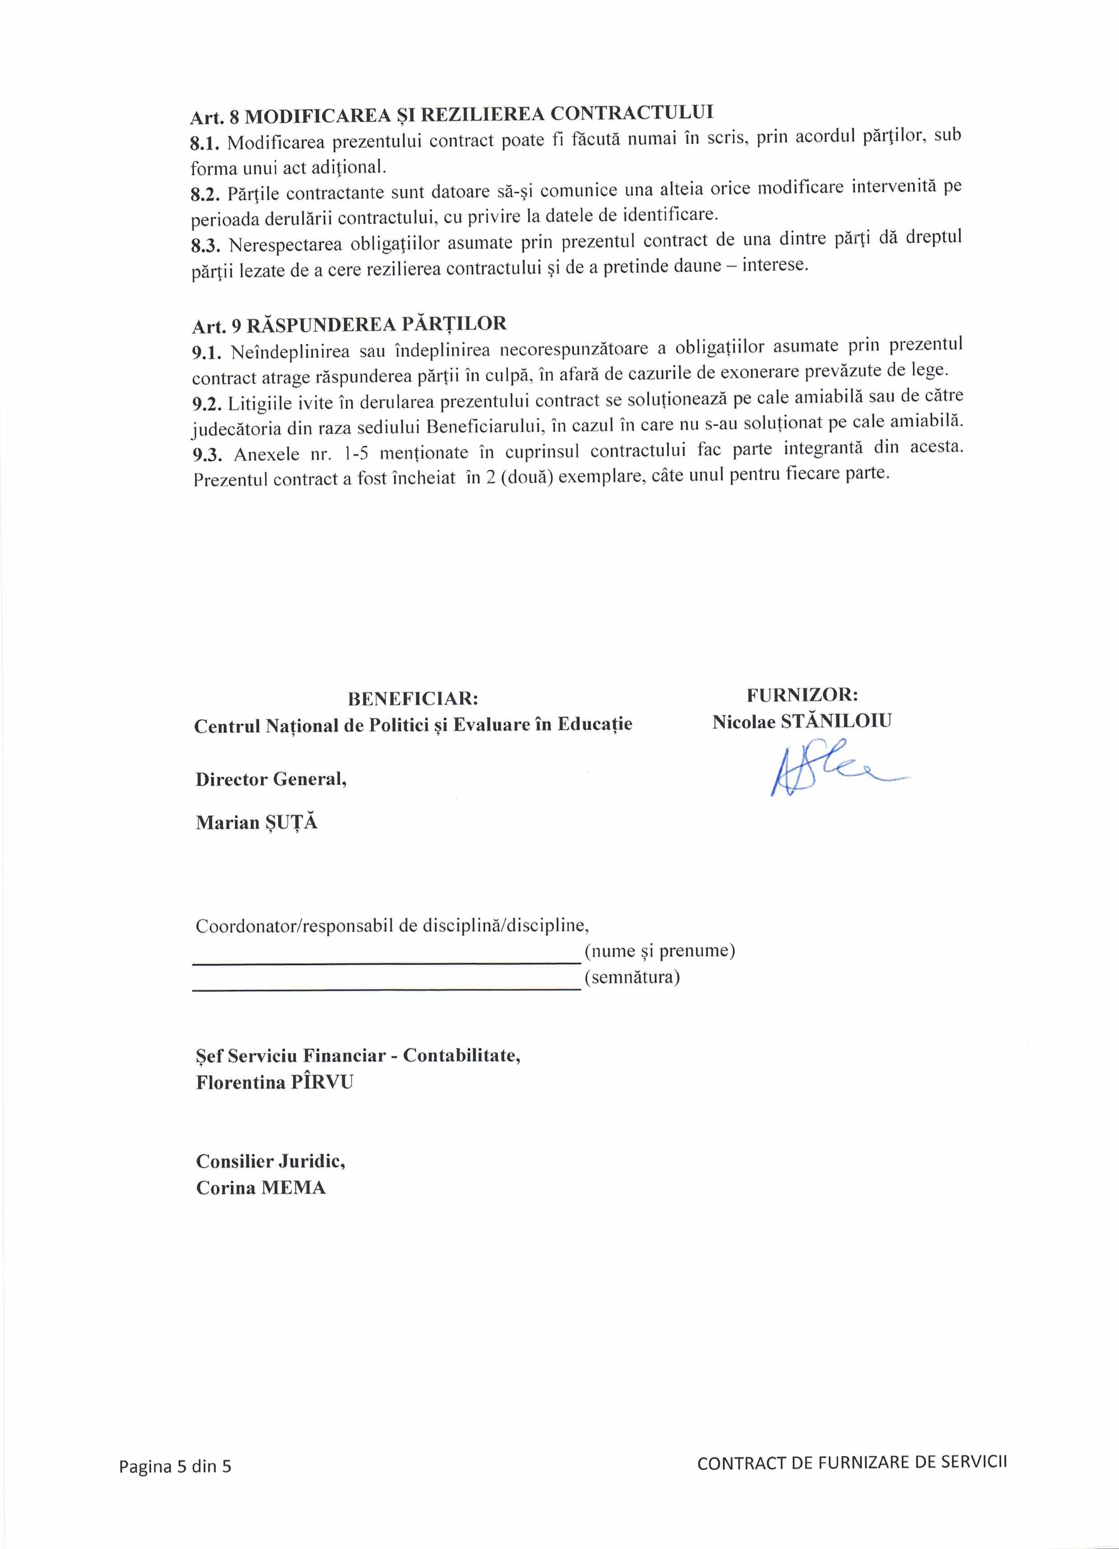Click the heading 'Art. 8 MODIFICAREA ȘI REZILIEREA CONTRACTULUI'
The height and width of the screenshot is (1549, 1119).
451,114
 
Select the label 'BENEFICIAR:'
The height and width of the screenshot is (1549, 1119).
412,699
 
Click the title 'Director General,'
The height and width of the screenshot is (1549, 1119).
271,779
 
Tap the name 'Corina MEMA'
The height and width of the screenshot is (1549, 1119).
261,1188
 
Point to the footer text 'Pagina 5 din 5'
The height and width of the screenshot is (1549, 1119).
175,1466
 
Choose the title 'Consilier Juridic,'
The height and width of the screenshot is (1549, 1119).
270,1161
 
